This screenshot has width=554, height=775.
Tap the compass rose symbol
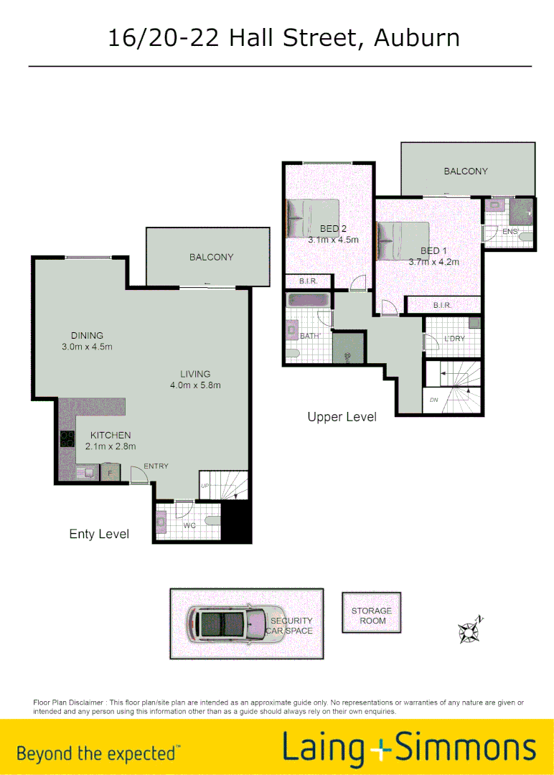pyautogui.click(x=470, y=630)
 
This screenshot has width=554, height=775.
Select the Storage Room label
pyautogui.click(x=372, y=616)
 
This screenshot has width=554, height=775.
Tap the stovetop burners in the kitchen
pyautogui.click(x=67, y=438)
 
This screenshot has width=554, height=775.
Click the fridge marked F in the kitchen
pyautogui.click(x=110, y=473)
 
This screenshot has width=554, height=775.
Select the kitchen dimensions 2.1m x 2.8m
pyautogui.click(x=110, y=447)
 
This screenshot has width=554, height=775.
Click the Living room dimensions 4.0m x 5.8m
pyautogui.click(x=195, y=385)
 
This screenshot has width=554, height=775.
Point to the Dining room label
pyautogui.click(x=87, y=335)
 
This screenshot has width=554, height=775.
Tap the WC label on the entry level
pyautogui.click(x=189, y=526)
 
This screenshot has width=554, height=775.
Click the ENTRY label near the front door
pyautogui.click(x=156, y=466)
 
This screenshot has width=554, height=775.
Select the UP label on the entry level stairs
pyautogui.click(x=205, y=486)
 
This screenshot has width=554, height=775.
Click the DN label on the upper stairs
pyautogui.click(x=433, y=400)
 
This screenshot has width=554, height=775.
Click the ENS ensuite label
pyautogui.click(x=510, y=232)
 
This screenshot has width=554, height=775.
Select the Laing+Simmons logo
pyautogui.click(x=409, y=748)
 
